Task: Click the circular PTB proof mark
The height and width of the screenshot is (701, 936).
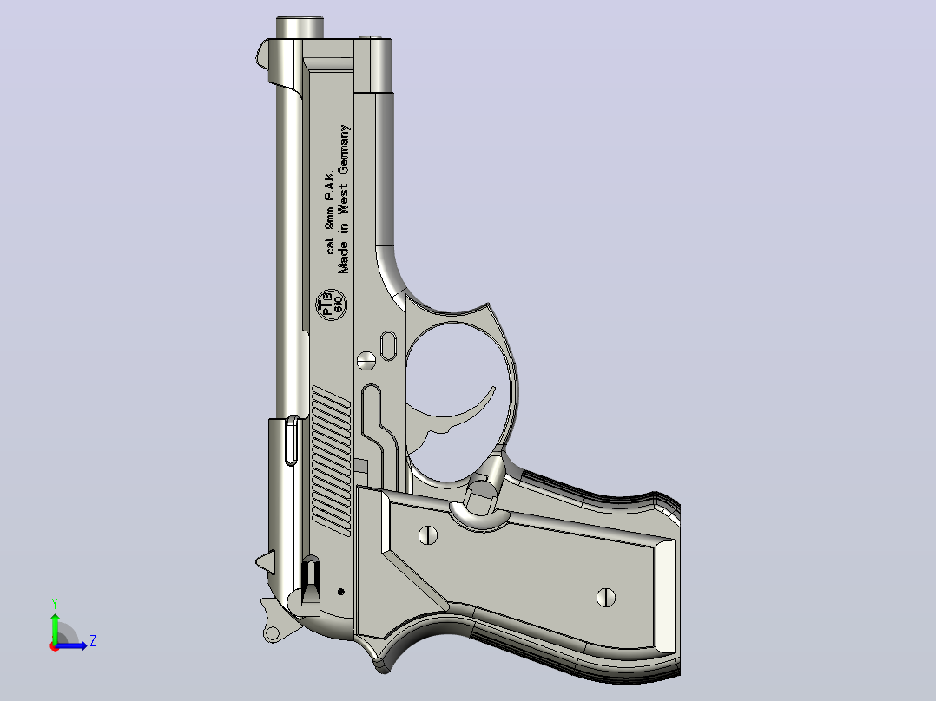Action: click(x=331, y=305)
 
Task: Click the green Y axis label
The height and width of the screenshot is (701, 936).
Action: click(x=55, y=603)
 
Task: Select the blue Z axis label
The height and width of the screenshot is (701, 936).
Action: click(x=93, y=641)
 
